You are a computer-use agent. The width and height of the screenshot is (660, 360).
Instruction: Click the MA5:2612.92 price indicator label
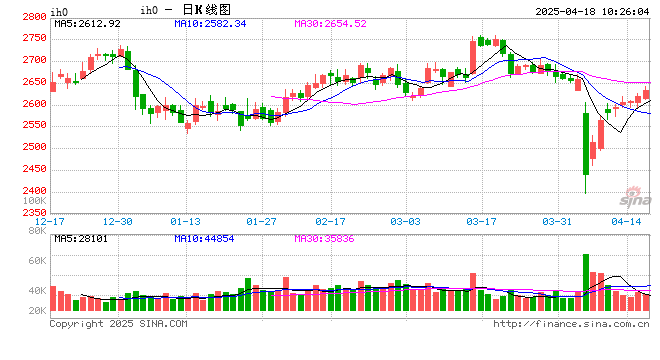pyautogui.click(x=87, y=23)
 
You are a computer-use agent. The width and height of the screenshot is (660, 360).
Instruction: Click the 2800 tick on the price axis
pyautogui.click(x=33, y=17)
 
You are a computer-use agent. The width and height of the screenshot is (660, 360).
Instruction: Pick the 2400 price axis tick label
pyautogui.click(x=33, y=191)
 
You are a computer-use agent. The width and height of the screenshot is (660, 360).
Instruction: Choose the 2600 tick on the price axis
pyautogui.click(x=33, y=104)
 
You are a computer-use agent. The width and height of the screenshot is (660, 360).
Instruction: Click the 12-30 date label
pyautogui.click(x=118, y=221)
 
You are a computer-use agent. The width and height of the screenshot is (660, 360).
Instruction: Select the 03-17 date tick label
pyautogui.click(x=483, y=221)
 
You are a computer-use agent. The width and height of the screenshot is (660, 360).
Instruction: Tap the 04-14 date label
pyautogui.click(x=627, y=221)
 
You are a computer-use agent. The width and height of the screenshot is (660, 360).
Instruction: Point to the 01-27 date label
pyautogui.click(x=261, y=221)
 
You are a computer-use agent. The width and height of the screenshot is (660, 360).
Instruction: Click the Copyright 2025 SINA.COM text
pyautogui.click(x=118, y=324)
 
